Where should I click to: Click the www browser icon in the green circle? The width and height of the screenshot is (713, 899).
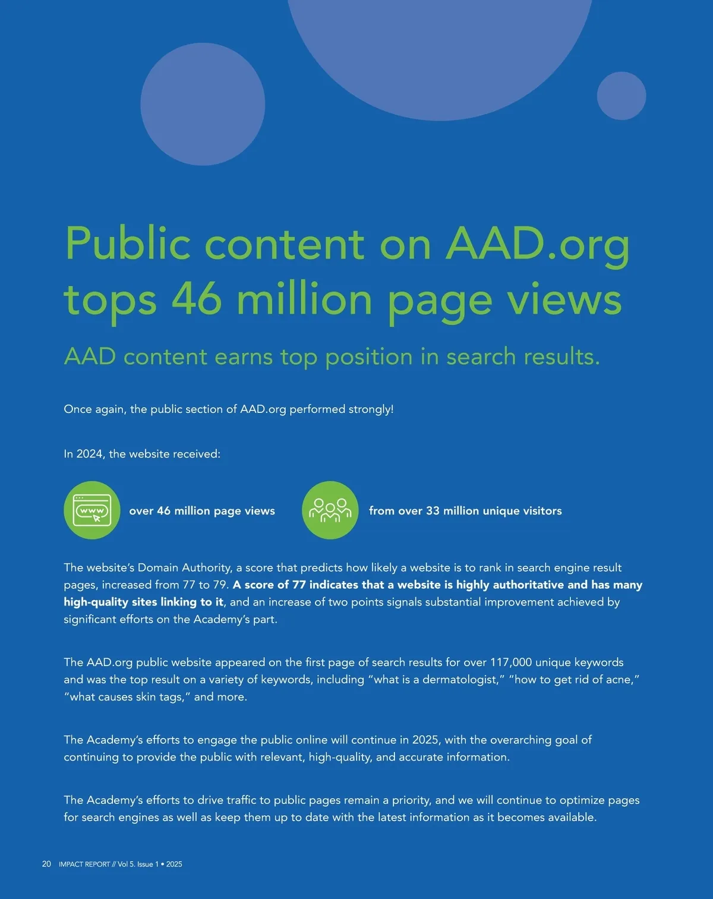tap(92, 510)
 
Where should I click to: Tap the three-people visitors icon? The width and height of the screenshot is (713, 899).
tap(330, 510)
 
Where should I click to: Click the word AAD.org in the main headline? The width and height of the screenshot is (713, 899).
tap(537, 244)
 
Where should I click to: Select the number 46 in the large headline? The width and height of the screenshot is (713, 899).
tap(197, 299)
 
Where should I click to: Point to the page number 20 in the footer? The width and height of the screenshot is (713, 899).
tap(46, 864)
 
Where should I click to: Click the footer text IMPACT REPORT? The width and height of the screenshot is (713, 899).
tap(84, 865)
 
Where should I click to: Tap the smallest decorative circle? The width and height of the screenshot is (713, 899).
tap(621, 96)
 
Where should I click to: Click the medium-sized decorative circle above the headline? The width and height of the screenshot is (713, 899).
tap(203, 104)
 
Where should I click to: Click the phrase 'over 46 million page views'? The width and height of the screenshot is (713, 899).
tap(202, 511)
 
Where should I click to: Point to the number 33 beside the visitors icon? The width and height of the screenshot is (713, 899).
tap(433, 511)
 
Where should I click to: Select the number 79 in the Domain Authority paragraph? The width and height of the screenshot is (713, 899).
tap(220, 585)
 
